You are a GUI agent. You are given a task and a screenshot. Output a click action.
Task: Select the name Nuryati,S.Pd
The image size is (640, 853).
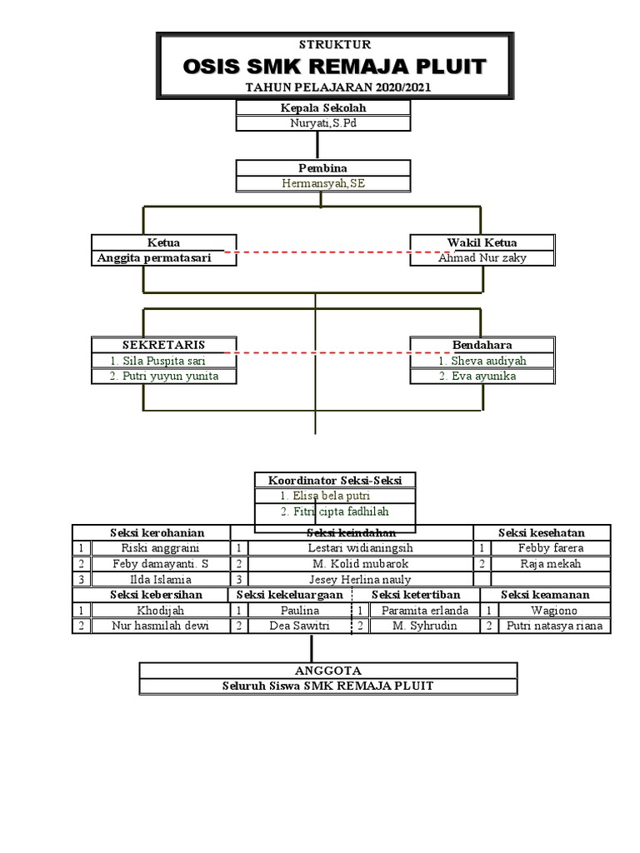pyautogui.click(x=323, y=123)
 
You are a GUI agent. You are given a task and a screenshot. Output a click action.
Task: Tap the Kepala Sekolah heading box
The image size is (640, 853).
pyautogui.click(x=323, y=107)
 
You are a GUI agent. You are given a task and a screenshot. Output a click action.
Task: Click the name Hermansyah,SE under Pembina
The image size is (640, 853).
pyautogui.click(x=323, y=183)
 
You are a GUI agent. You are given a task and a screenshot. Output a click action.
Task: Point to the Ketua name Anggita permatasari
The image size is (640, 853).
pyautogui.click(x=154, y=258)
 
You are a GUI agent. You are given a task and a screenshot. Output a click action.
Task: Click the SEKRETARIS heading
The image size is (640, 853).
pyautogui.click(x=164, y=345)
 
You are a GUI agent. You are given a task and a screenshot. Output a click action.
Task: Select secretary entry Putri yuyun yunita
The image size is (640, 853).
pyautogui.click(x=164, y=377)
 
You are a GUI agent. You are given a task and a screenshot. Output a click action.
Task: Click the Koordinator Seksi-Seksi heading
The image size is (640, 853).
pyautogui.click(x=334, y=481)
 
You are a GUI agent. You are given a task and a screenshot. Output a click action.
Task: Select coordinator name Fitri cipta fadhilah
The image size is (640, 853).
pyautogui.click(x=334, y=511)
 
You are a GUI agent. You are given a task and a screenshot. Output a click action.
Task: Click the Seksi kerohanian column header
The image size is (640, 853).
pyautogui.click(x=157, y=533)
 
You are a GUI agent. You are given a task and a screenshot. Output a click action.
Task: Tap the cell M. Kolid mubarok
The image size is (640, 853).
pyautogui.click(x=360, y=564)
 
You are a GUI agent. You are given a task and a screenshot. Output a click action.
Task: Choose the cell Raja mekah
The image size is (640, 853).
pyautogui.click(x=551, y=564)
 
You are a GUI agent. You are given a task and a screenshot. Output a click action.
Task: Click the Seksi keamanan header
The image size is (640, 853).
pyautogui.click(x=545, y=595)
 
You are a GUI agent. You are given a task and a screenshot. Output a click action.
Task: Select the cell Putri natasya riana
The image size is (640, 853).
pyautogui.click(x=554, y=626)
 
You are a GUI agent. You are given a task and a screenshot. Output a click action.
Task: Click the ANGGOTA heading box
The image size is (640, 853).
pyautogui.click(x=328, y=671)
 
